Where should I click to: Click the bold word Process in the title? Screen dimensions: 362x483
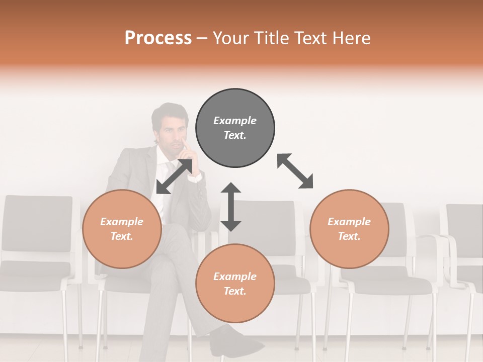[x=158, y=38]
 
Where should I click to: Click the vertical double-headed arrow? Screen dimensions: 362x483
[x=231, y=207]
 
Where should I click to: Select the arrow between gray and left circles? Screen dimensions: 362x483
[x=174, y=176]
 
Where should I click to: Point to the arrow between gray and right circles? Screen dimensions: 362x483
[x=295, y=171]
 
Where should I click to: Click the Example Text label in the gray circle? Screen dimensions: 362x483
[x=235, y=128]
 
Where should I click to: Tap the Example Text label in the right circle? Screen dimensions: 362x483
[x=349, y=229]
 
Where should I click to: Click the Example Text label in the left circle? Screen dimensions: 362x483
[x=122, y=229]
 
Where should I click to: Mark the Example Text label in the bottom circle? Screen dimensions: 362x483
[x=235, y=284]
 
